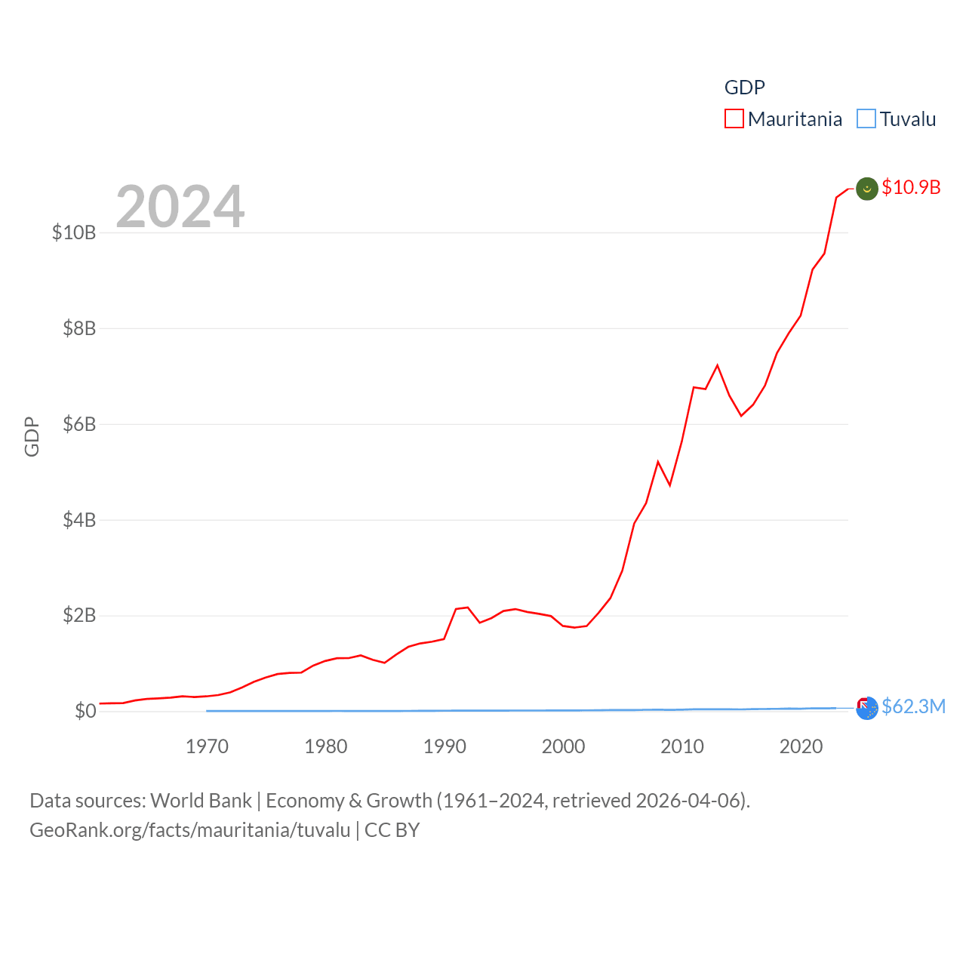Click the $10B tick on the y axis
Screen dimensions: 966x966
click(x=74, y=232)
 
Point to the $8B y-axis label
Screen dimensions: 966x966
click(x=79, y=328)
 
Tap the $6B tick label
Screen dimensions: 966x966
click(x=79, y=424)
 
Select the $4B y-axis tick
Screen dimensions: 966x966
click(x=79, y=520)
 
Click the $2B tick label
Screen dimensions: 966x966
click(x=79, y=616)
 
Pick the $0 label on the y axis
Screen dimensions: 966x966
click(x=85, y=711)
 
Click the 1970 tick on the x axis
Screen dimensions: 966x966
click(x=207, y=746)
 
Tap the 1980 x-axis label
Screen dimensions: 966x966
click(x=326, y=746)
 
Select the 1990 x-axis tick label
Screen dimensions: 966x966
click(x=445, y=746)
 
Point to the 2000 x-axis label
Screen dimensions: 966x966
click(x=563, y=746)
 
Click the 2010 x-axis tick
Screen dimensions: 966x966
click(x=682, y=746)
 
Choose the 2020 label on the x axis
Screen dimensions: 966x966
click(x=801, y=746)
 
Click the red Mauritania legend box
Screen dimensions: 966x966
click(x=734, y=119)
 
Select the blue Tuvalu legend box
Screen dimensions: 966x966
click(x=866, y=119)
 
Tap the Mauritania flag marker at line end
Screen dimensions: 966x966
click(x=867, y=189)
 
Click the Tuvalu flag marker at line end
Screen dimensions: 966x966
click(x=867, y=708)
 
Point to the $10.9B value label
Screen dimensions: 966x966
click(x=911, y=187)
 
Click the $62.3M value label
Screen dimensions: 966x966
click(x=913, y=706)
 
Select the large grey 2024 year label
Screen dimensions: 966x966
click(x=180, y=206)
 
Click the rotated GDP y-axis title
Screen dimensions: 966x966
click(x=32, y=436)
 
